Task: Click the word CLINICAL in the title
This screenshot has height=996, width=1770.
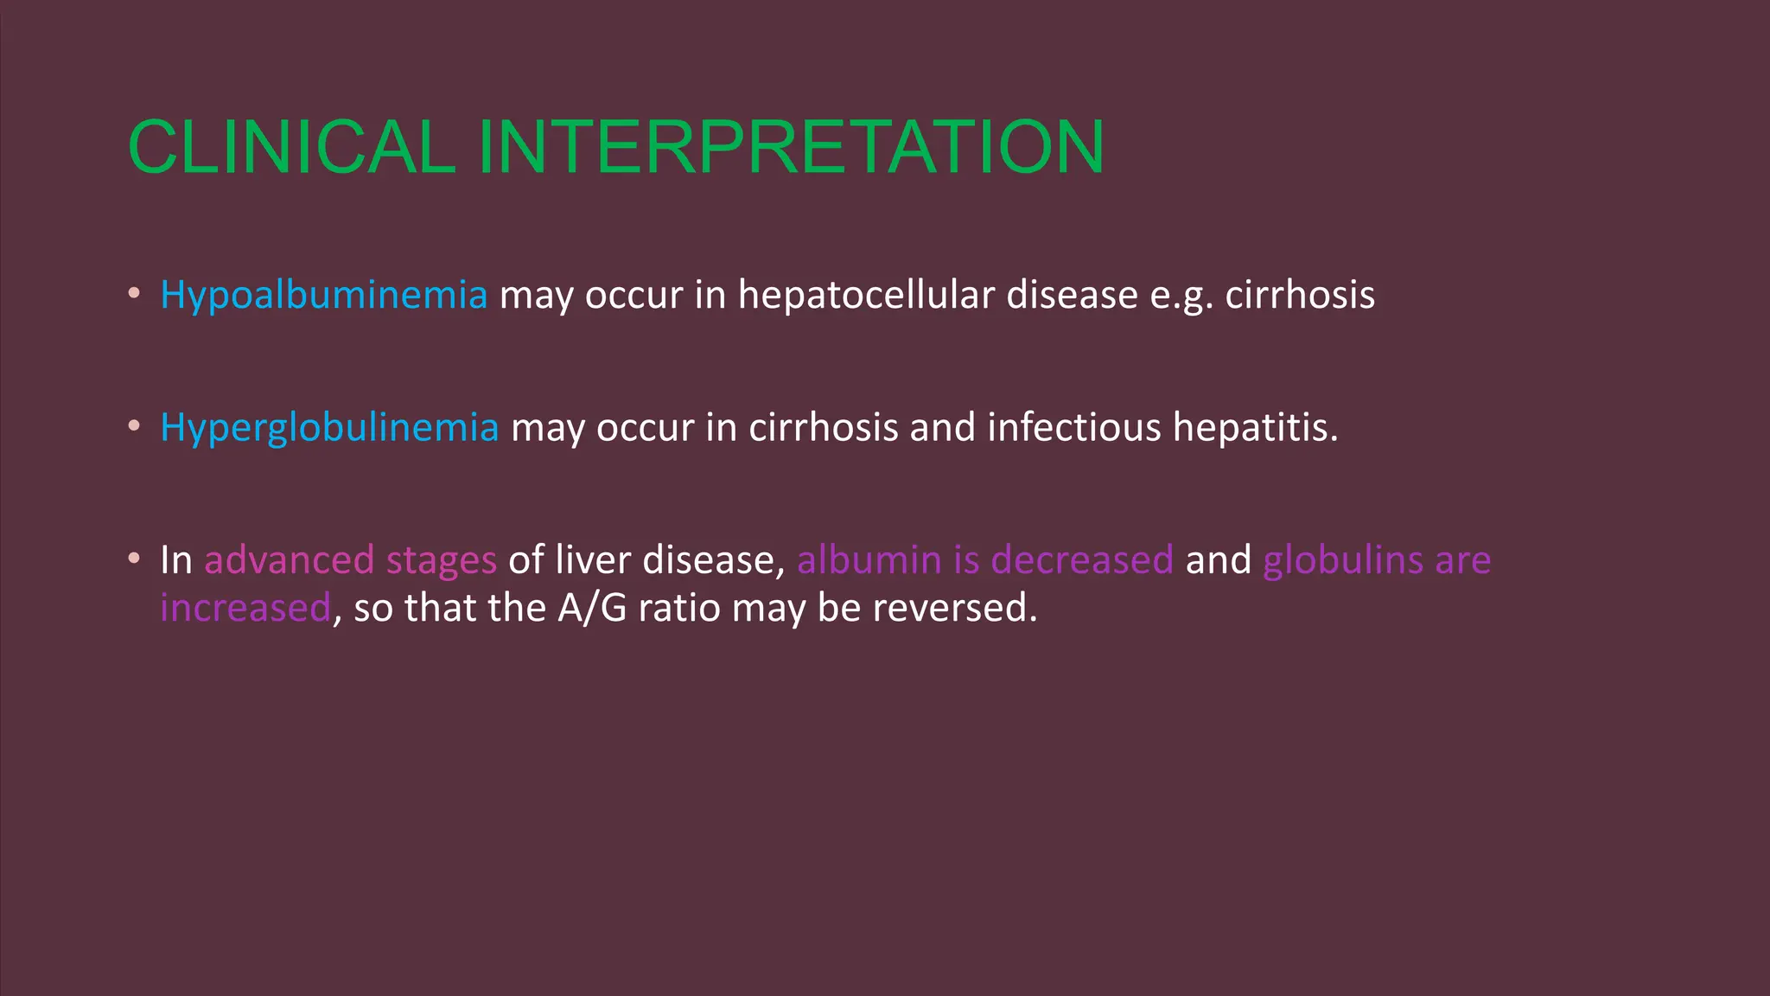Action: [291, 147]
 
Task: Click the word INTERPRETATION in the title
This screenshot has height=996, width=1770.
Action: [790, 147]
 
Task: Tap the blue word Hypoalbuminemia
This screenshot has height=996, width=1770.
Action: [324, 296]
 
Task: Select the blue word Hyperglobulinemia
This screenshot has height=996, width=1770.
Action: [329, 428]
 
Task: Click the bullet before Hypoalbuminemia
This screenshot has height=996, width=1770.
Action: [133, 293]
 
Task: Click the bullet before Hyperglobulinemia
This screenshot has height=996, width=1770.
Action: [133, 425]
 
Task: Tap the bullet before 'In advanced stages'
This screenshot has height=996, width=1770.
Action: [133, 559]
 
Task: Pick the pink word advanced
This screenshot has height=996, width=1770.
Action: [289, 560]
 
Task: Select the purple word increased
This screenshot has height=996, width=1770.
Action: [245, 608]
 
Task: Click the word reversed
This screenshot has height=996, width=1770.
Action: [953, 608]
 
